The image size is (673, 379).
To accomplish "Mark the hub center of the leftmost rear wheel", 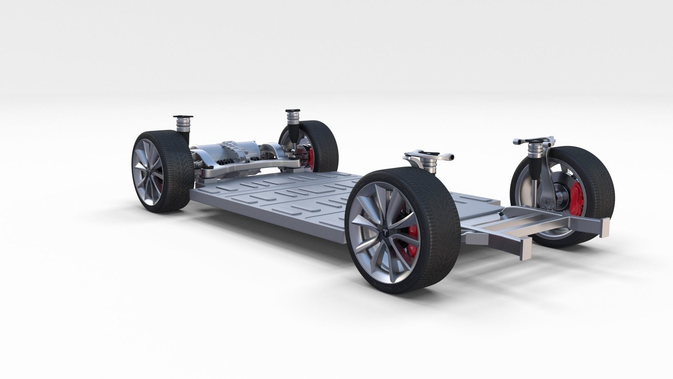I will tap(149, 172).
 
